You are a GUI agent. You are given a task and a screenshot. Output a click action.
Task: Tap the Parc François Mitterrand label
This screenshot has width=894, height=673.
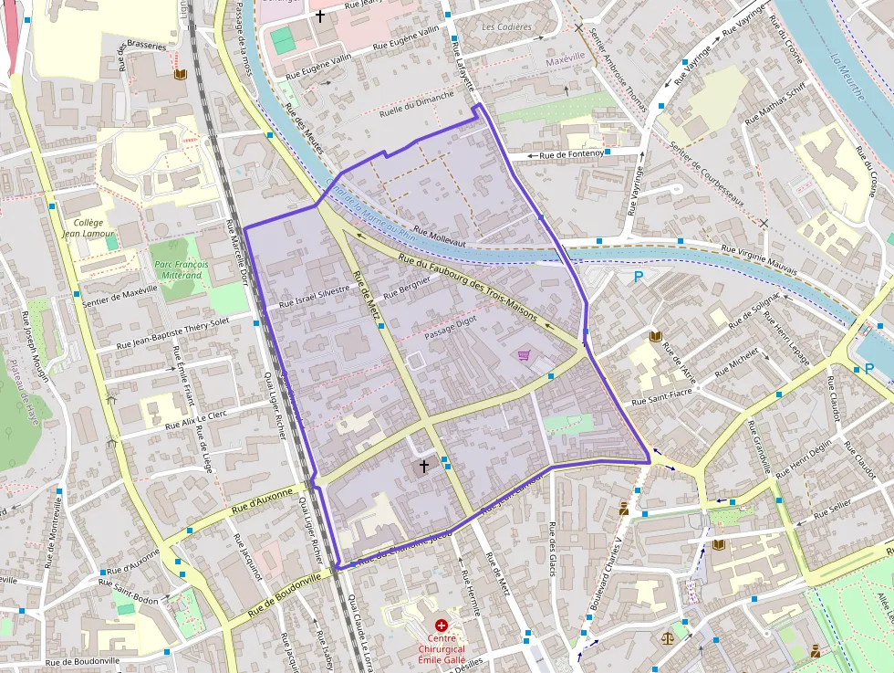(179, 269)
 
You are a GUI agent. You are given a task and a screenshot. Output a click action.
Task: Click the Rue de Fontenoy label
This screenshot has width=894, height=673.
(571, 155)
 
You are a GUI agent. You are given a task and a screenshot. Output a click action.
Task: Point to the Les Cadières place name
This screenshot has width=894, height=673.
(506, 27)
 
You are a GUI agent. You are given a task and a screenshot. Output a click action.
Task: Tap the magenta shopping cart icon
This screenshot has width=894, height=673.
(525, 355)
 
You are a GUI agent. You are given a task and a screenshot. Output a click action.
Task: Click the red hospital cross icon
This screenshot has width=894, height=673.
(442, 626)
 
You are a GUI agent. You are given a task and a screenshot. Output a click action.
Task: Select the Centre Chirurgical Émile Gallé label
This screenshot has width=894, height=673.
(442, 649)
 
